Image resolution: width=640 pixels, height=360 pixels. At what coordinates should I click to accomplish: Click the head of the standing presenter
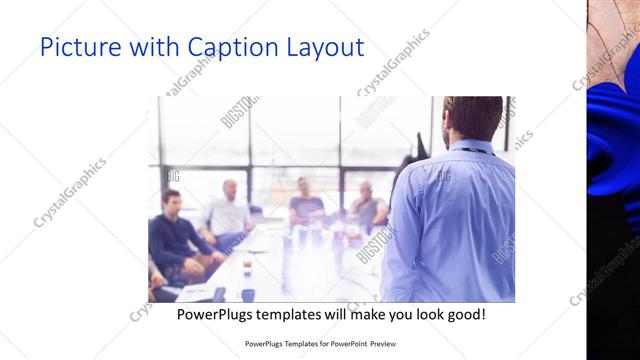473,118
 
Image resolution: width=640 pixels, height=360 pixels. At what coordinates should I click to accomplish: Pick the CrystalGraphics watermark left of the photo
70,192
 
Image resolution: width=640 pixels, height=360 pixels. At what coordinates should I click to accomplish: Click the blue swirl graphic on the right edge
611,160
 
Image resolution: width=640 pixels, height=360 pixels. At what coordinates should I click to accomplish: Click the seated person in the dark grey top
306,205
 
